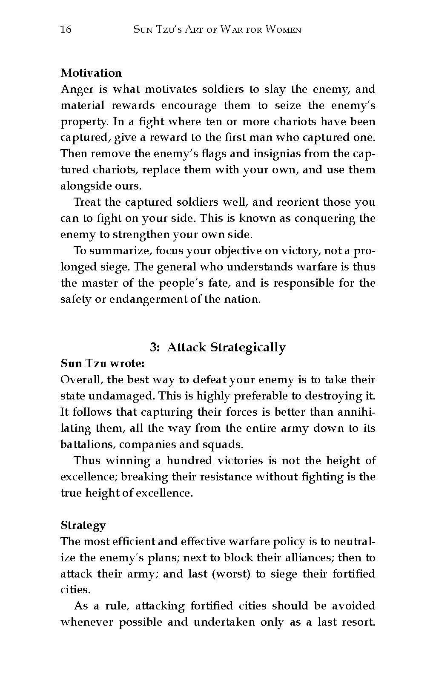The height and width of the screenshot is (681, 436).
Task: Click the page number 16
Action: pyautogui.click(x=66, y=29)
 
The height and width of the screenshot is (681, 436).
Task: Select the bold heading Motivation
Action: pyautogui.click(x=91, y=73)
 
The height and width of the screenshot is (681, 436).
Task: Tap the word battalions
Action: pyautogui.click(x=87, y=445)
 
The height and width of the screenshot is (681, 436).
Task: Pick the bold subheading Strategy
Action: pyautogui.click(x=83, y=525)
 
